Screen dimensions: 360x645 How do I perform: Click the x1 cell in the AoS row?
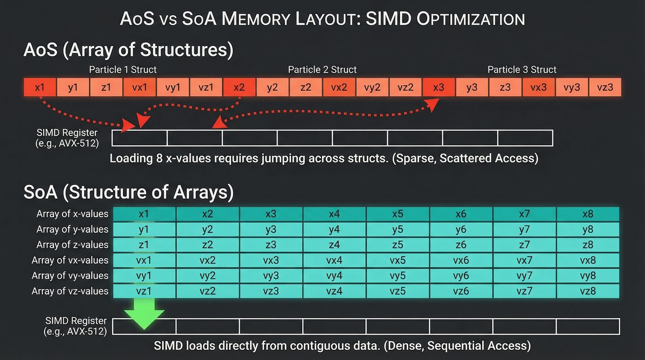40,87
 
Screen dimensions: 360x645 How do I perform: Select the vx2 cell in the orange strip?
339,87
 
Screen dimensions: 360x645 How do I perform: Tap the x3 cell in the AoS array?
439,87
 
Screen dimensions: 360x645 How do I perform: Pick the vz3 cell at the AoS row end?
605,87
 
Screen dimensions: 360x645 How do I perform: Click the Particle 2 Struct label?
322,70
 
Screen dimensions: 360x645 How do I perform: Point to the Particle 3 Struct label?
522,70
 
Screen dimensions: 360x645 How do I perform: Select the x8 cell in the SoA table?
587,214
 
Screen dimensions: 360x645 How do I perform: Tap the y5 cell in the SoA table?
398,229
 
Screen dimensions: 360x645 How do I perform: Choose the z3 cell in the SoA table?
271,245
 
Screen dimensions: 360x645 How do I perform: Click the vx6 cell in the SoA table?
461,260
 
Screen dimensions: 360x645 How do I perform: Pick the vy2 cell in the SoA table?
208,276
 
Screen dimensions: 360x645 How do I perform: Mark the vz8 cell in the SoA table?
587,291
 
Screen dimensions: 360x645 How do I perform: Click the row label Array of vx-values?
70,260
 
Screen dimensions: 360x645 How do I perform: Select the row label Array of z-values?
72,245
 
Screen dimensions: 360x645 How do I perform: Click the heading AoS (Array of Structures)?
128,50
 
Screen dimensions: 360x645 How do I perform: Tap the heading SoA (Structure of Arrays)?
129,192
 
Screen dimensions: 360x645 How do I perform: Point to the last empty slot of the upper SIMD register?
525,138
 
